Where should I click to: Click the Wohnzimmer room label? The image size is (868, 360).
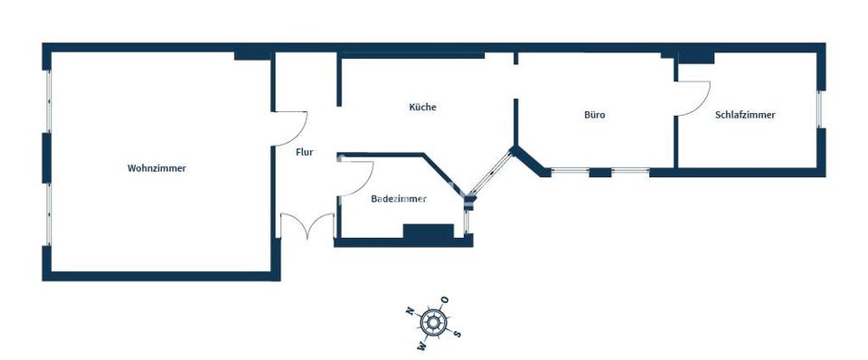(x=156, y=168)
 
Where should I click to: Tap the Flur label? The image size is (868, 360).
(x=305, y=152)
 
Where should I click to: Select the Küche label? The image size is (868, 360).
(x=422, y=107)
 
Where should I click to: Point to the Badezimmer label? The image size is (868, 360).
(x=399, y=199)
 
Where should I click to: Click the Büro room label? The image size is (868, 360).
(x=594, y=116)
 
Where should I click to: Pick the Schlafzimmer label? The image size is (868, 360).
(x=745, y=115)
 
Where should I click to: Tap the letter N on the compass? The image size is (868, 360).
(x=410, y=310)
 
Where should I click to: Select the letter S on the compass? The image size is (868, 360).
(x=458, y=333)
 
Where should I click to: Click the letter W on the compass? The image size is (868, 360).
(x=421, y=345)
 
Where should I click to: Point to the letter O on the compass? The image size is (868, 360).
(x=444, y=299)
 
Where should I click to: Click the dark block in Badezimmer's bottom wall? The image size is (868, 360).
(x=427, y=232)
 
